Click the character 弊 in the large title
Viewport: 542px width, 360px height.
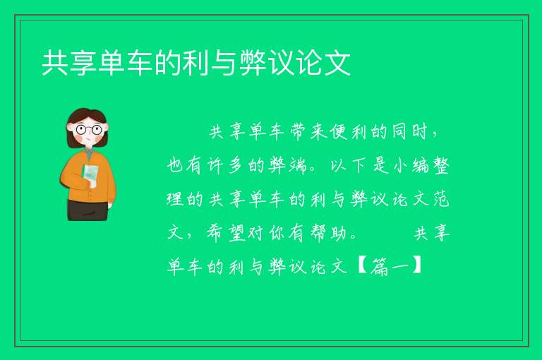click(254, 63)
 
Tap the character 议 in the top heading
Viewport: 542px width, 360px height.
click(282, 63)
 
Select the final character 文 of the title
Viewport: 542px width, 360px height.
click(338, 63)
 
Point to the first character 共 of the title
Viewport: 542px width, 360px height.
click(55, 63)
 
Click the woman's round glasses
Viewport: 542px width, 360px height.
click(89, 130)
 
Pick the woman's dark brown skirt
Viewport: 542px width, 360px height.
click(88, 210)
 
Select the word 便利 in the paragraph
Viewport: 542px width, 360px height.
click(347, 132)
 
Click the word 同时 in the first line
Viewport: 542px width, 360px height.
click(409, 132)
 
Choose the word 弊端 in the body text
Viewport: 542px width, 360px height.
click(288, 166)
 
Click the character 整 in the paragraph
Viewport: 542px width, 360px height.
click(439, 166)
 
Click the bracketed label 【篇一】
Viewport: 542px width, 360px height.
click(390, 266)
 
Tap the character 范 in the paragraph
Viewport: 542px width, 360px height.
click(441, 200)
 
